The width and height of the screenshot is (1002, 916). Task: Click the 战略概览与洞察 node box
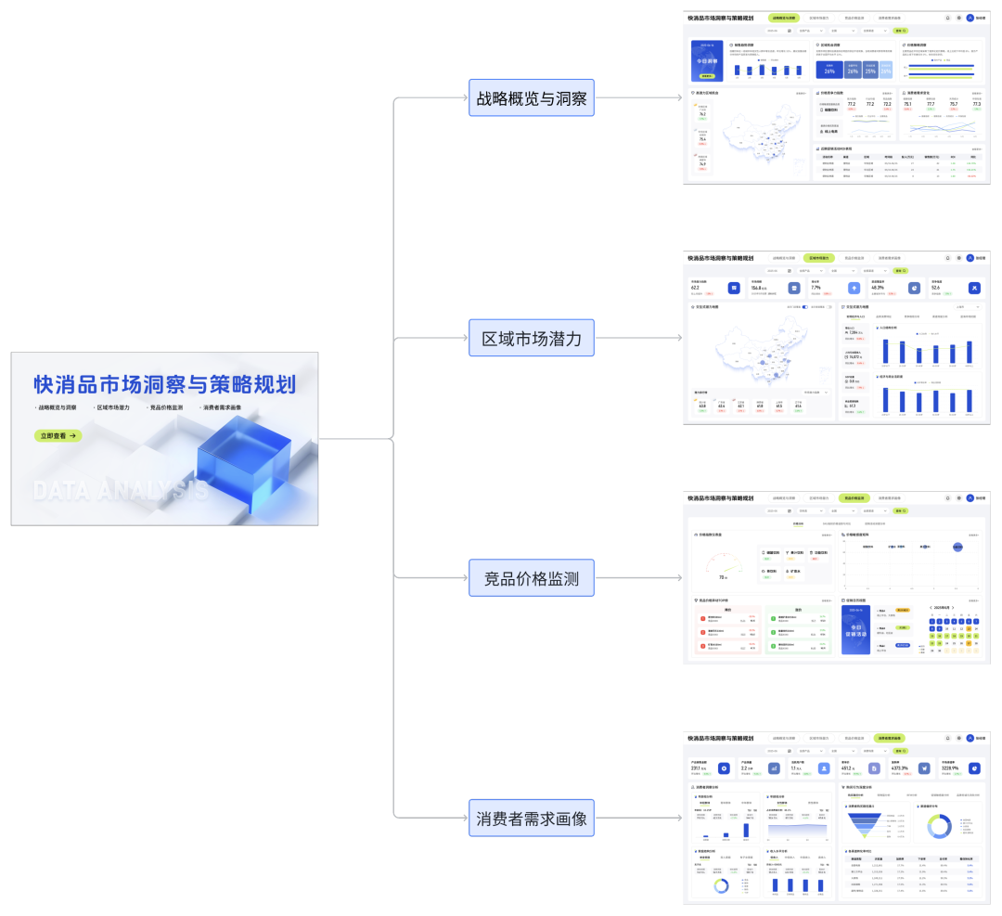pos(532,97)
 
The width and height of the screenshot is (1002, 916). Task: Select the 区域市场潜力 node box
pos(532,339)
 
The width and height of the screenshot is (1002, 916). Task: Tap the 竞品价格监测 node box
pos(532,579)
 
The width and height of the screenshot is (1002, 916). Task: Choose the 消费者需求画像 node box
pos(532,819)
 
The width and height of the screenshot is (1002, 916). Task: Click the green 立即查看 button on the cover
pos(58,435)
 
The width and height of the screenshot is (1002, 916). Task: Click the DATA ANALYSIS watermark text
pos(121,489)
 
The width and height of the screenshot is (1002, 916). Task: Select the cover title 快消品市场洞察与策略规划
pos(164,383)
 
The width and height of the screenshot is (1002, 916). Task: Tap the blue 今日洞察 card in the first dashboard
pos(707,60)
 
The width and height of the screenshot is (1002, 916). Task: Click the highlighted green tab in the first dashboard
pos(784,18)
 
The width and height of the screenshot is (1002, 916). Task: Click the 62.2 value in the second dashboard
pos(697,288)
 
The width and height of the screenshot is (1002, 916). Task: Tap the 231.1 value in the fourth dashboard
pos(696,768)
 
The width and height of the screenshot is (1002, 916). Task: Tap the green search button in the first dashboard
pos(900,31)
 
